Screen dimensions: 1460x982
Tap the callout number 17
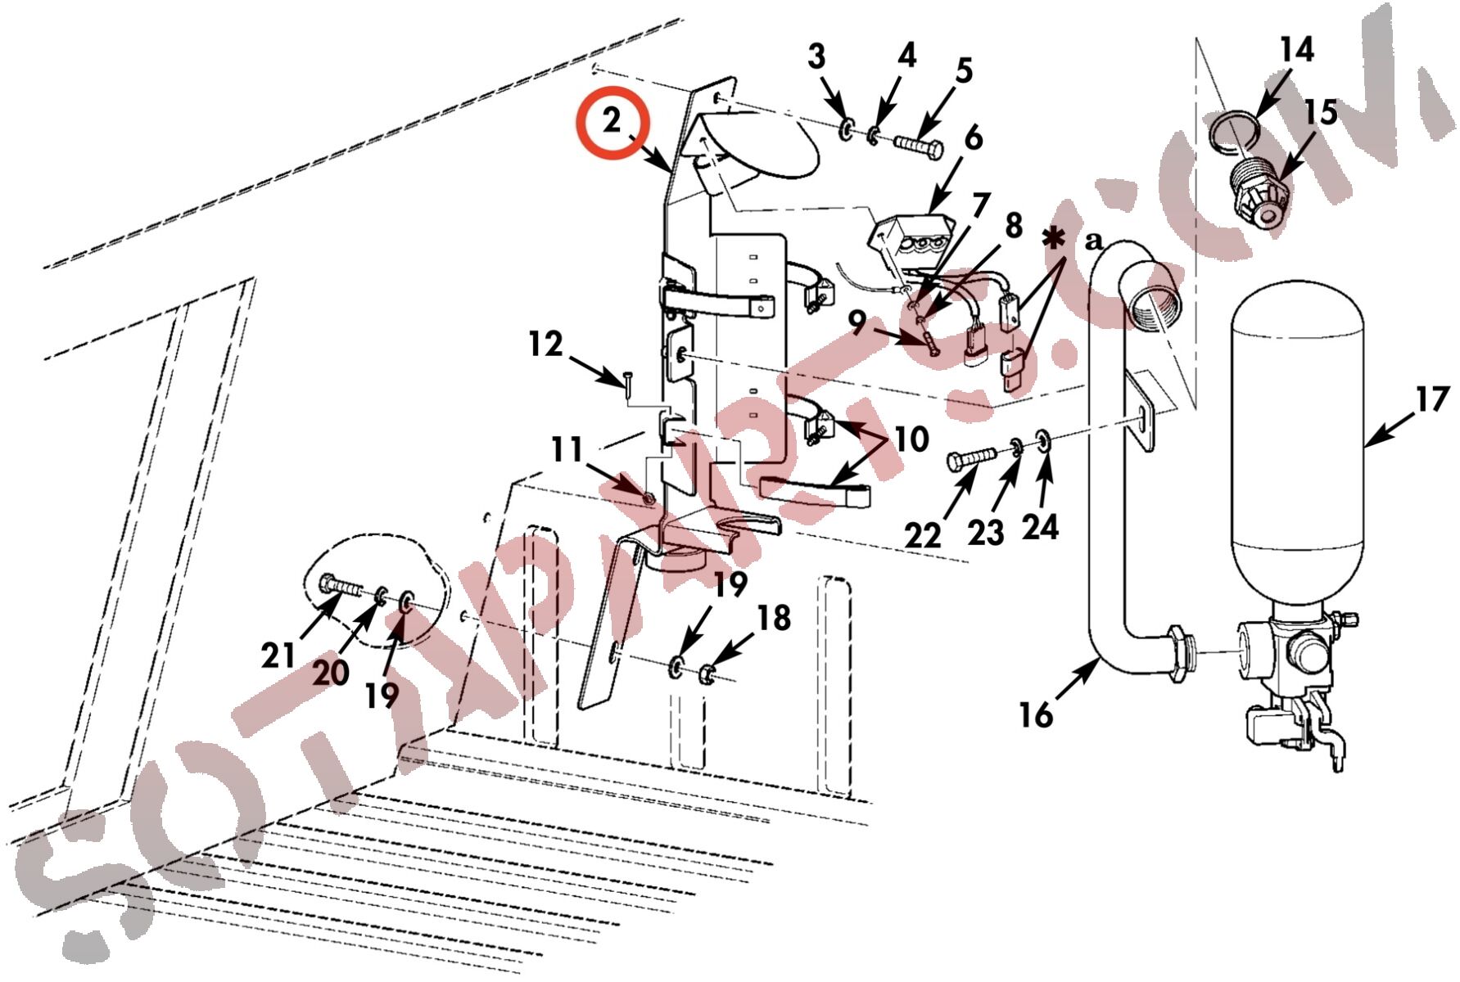(1431, 399)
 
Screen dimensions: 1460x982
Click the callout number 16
(1035, 714)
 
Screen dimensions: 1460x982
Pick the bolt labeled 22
(972, 458)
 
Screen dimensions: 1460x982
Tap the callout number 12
(545, 344)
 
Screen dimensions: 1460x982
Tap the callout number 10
(911, 439)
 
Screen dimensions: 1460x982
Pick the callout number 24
(1040, 527)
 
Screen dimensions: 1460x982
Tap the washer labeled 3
(846, 129)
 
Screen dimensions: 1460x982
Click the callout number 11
(567, 449)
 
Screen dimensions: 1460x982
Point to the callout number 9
(857, 323)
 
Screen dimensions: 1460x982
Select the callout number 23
(986, 533)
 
